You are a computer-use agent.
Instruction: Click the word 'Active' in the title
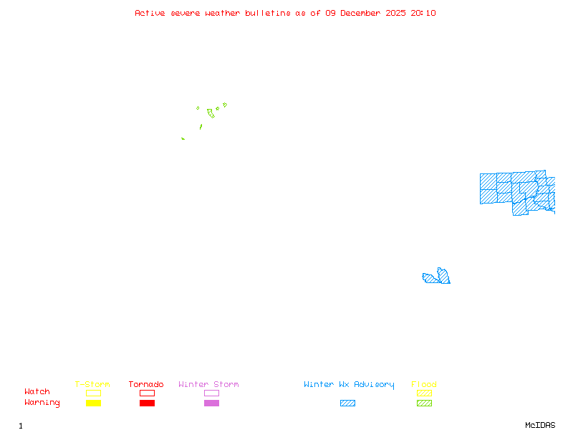click(149, 13)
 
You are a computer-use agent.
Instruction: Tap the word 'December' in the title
click(364, 13)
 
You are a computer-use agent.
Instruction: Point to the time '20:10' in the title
click(423, 13)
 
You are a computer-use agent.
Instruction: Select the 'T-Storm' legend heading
click(92, 385)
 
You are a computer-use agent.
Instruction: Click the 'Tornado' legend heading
click(146, 385)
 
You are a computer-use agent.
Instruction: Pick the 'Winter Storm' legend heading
click(208, 385)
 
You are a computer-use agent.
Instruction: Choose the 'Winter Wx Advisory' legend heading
click(349, 385)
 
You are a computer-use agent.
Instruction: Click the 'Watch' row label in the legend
click(37, 392)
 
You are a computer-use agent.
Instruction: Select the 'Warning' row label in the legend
click(42, 403)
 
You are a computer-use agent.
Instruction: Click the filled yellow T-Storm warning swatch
click(93, 403)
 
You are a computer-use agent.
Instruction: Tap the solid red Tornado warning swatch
click(147, 403)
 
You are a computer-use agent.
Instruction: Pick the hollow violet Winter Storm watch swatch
click(211, 393)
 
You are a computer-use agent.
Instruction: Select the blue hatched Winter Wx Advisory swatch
click(347, 403)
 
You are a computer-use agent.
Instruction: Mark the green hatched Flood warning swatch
click(424, 403)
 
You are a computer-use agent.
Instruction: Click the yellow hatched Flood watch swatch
click(424, 393)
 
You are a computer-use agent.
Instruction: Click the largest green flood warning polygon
click(211, 113)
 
